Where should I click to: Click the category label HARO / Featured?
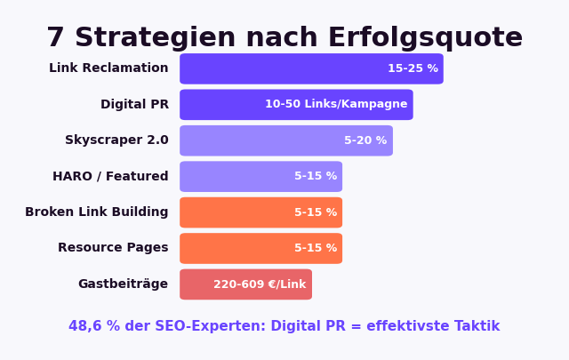tap(110, 177)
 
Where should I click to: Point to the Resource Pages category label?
tap(113, 248)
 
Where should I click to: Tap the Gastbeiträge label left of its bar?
tap(123, 284)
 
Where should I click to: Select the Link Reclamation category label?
tap(108, 68)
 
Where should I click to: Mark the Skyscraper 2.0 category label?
tap(116, 140)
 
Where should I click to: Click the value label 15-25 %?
tap(413, 68)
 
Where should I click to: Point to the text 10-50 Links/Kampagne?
tap(336, 105)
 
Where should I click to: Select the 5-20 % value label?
tap(365, 140)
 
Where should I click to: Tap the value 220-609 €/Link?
tap(260, 284)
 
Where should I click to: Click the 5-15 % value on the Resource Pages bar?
tap(316, 249)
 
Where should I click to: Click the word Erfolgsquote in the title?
tap(425, 38)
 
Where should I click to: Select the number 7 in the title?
tap(55, 38)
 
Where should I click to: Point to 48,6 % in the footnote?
tap(92, 326)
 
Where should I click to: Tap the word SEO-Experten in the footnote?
tap(212, 326)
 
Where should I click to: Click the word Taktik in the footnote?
tap(477, 326)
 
